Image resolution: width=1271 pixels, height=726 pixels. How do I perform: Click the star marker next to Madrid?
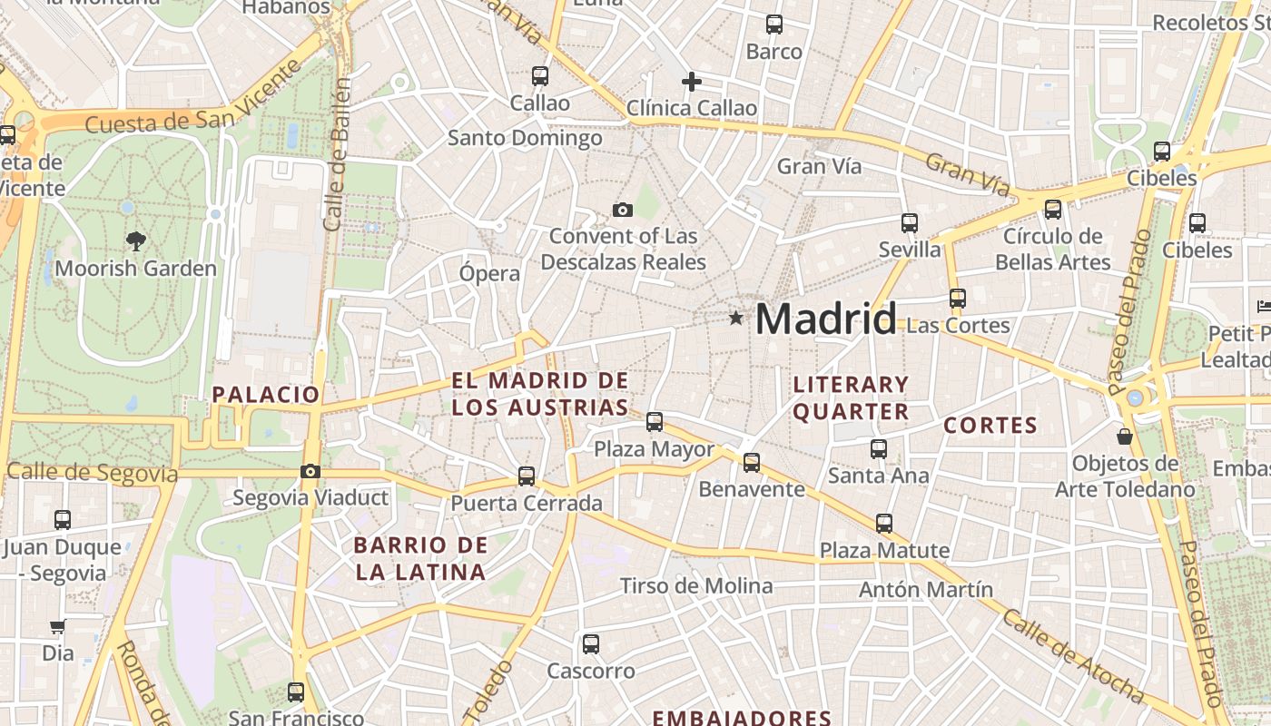[735, 319]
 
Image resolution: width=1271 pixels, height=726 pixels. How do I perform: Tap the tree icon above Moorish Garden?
[136, 240]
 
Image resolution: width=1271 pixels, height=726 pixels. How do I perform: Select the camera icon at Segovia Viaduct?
[310, 471]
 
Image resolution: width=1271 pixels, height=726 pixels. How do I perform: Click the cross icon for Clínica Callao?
[692, 82]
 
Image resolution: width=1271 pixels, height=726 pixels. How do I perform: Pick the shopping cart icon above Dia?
[57, 626]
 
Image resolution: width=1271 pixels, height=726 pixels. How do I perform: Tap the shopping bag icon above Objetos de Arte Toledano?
[1125, 437]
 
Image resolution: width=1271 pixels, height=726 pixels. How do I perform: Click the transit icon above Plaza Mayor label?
[655, 422]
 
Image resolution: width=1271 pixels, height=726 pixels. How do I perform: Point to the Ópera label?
[490, 273]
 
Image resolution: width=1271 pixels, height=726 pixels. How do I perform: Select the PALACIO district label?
[265, 395]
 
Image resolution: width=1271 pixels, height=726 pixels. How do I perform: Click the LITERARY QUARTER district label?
[851, 397]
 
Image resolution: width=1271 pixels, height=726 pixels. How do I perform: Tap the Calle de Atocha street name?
[1073, 656]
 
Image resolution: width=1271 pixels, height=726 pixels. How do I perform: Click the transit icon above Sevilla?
[910, 223]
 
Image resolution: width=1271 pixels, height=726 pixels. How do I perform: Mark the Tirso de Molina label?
[696, 586]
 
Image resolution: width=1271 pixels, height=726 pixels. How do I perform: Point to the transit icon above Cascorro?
[591, 644]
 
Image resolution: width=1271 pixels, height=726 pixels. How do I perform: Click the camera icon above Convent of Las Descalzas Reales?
[623, 210]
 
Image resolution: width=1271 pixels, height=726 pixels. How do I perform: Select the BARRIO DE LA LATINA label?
[420, 559]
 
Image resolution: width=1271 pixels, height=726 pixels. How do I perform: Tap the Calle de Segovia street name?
[93, 473]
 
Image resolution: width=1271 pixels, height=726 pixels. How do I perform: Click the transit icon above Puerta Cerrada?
[527, 476]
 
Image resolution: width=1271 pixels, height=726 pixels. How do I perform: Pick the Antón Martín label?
[926, 590]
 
